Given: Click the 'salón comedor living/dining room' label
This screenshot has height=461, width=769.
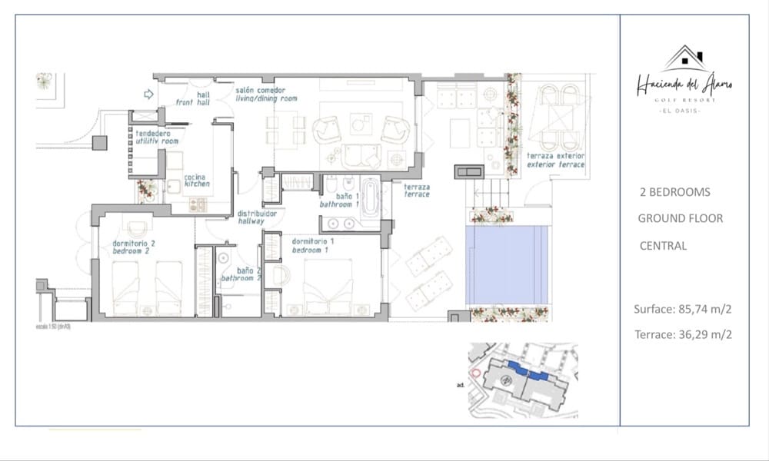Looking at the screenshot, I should pos(266,94).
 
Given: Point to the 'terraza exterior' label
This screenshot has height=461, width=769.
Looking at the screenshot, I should pos(555,160).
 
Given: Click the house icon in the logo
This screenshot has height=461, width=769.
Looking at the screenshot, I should pos(684,58).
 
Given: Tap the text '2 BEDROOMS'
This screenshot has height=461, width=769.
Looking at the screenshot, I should pos(674,192).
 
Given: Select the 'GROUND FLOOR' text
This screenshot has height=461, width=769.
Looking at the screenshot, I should pos(680,218).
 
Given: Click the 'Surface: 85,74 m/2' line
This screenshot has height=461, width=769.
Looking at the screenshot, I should pos(682,310).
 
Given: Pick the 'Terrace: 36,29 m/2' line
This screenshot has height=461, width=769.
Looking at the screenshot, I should pos(682,334).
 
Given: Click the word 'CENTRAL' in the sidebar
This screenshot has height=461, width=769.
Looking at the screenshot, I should pos(663,246).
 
